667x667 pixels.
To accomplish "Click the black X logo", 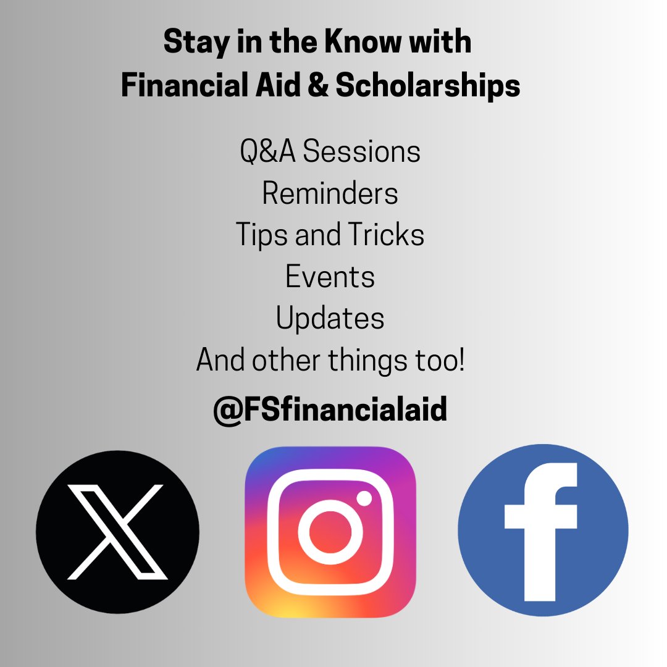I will [x=117, y=532].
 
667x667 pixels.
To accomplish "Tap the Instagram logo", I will [x=330, y=532].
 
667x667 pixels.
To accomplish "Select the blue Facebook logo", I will [x=543, y=530].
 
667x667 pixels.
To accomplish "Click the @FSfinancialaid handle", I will [x=330, y=409].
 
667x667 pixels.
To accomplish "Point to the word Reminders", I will [x=330, y=193].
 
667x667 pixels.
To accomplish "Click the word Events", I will [x=330, y=277].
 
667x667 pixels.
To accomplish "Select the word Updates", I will [x=330, y=319].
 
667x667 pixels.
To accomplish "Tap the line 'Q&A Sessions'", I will [x=330, y=152].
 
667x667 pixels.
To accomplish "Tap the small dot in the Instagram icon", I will [x=364, y=498].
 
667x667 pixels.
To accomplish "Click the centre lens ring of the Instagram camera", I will [x=330, y=532].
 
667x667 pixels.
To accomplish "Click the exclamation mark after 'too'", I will [x=460, y=361].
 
